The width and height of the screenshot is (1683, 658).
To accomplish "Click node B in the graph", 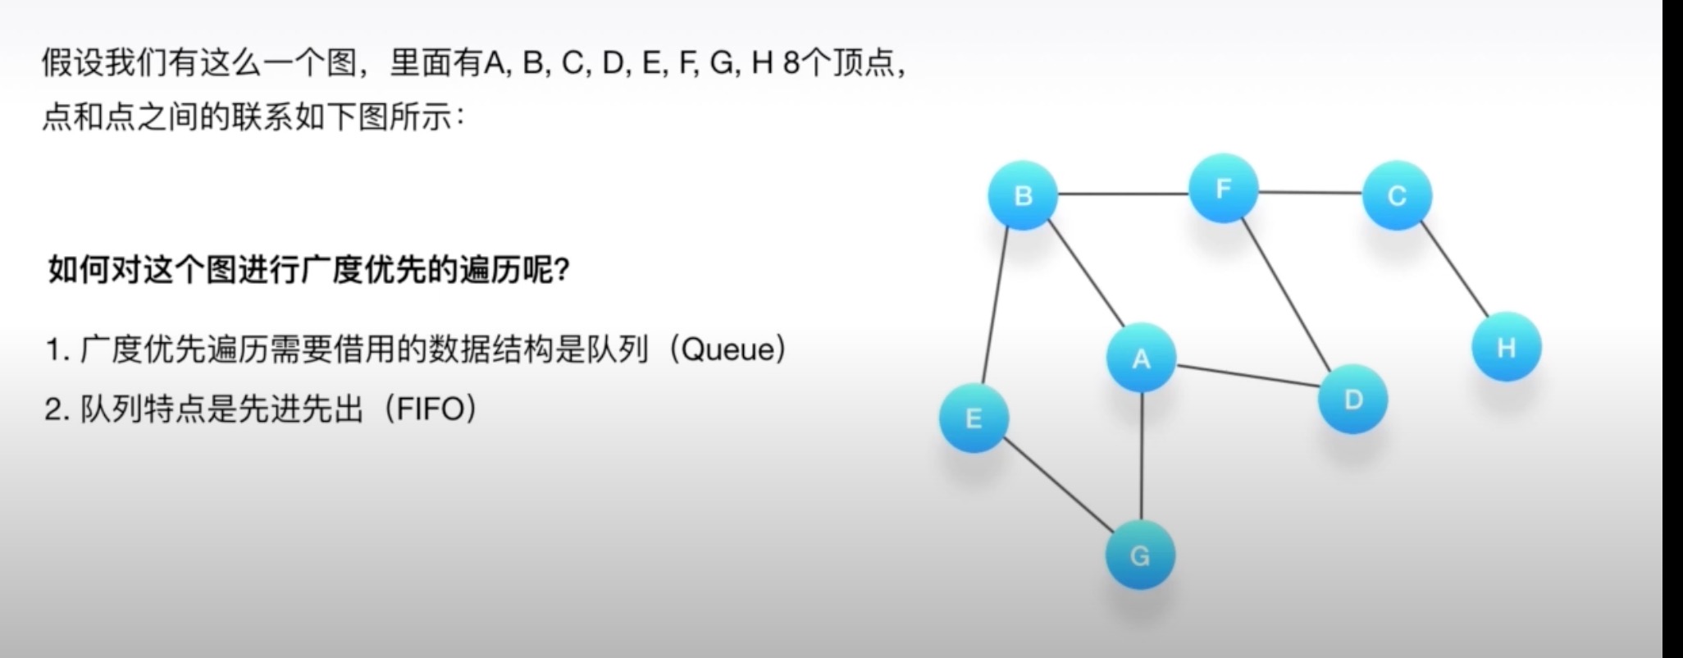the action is (1023, 195).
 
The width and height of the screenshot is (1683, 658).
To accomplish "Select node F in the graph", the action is (1223, 189).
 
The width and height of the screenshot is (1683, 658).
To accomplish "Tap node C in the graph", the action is (1397, 195).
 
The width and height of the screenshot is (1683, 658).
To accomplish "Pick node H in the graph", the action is (1506, 347).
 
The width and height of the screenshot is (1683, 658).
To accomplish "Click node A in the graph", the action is (1141, 358).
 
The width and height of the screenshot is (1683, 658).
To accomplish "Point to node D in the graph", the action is (1352, 400).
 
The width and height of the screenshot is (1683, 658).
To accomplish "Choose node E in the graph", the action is (974, 418).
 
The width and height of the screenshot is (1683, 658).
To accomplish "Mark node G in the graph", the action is (1140, 555).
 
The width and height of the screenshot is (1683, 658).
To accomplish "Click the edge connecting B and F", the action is (1123, 194).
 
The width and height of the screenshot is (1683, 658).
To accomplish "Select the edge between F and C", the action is (1310, 193).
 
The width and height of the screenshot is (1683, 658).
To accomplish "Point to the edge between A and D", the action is (1247, 376).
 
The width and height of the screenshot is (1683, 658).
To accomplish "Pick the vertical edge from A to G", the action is (1141, 456).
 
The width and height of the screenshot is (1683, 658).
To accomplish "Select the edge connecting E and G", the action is (1057, 486).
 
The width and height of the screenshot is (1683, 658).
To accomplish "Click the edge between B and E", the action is (996, 307).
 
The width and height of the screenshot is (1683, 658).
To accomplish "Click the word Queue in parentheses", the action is (727, 350).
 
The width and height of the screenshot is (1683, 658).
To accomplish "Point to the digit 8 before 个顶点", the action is (791, 63).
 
